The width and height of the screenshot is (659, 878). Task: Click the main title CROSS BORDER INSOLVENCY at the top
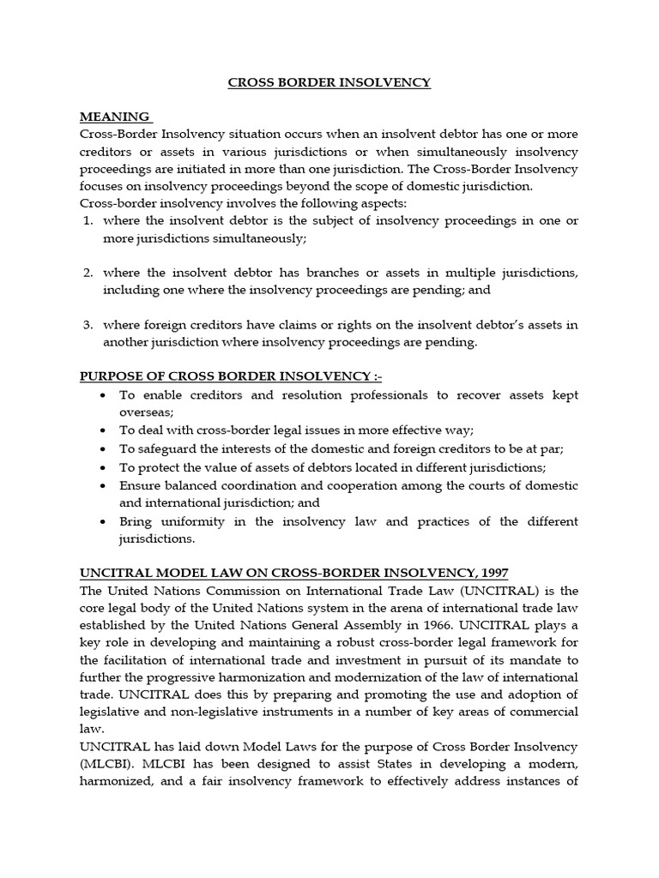click(329, 83)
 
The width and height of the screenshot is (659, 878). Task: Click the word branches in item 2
click(312, 273)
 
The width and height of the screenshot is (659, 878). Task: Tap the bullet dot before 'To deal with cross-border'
click(102, 430)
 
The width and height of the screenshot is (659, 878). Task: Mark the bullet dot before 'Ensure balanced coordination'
click(102, 485)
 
